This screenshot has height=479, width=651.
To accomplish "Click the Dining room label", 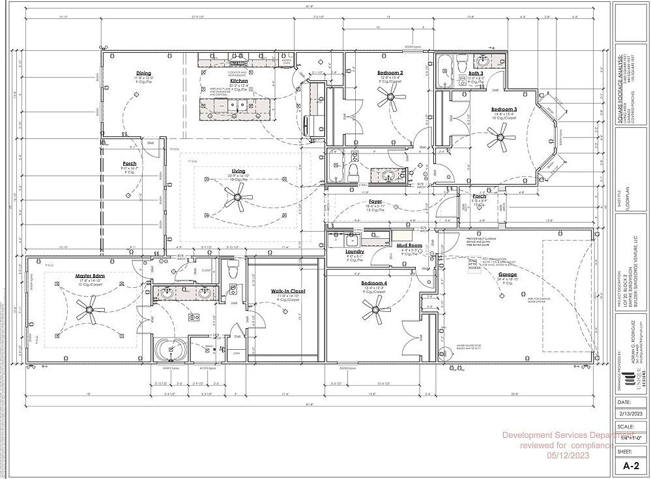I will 143,73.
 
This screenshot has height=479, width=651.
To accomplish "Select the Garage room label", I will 508,275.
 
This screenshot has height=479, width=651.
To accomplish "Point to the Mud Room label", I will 410,245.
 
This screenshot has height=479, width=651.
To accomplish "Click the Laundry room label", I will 354,251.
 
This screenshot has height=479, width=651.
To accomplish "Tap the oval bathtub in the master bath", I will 171,349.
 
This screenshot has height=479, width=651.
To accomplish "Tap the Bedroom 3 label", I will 504,109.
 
